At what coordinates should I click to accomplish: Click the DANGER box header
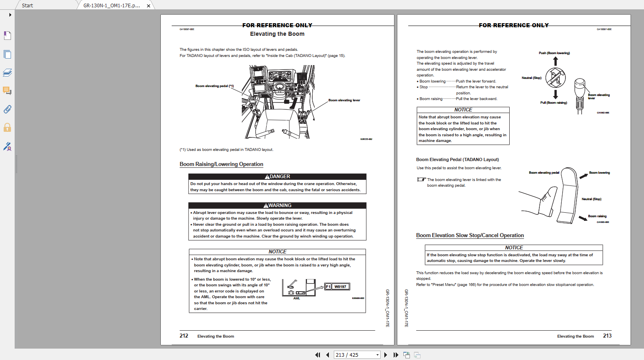[x=277, y=177]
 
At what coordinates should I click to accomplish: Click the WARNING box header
[x=277, y=205]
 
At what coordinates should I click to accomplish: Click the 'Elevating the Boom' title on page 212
[x=277, y=34]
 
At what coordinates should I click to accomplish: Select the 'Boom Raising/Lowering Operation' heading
[x=221, y=164]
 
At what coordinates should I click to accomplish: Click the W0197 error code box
[x=340, y=287]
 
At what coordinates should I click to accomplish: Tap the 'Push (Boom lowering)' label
[x=554, y=53]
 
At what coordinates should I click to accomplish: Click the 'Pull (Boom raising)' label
[x=553, y=103]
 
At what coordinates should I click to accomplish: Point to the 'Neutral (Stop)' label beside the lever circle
[x=531, y=78]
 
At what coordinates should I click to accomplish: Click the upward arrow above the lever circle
[x=555, y=61]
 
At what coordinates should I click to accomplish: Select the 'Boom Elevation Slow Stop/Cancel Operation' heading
[x=470, y=236]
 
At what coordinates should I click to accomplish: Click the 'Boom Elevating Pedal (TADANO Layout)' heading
[x=457, y=159]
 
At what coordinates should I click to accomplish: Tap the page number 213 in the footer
[x=607, y=336]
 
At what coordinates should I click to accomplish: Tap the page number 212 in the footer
[x=184, y=336]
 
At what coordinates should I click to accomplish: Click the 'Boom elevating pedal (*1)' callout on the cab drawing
[x=215, y=86]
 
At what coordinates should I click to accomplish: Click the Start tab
[x=27, y=5]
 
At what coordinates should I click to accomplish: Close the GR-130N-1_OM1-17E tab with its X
[x=149, y=6]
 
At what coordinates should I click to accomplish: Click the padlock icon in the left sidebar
[x=7, y=128]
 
